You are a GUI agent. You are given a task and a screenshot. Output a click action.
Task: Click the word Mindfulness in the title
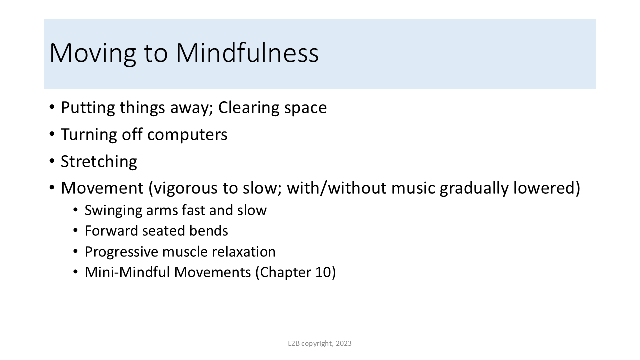[x=247, y=53]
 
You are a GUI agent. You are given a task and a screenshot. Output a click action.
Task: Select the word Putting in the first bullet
[x=88, y=108]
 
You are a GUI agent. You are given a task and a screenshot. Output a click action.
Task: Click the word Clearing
[x=249, y=108]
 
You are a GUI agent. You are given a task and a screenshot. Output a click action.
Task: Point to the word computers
[x=187, y=135]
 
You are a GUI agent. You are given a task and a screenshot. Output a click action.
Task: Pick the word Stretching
[x=99, y=162]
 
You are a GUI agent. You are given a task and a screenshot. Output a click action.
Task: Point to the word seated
[x=163, y=231]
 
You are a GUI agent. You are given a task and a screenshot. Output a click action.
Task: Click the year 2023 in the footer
[x=343, y=343]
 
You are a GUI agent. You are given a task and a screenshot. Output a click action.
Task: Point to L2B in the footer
[x=294, y=343]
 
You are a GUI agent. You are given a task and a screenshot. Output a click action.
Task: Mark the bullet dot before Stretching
[x=52, y=161]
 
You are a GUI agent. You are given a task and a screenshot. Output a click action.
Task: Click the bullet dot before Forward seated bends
[x=75, y=230]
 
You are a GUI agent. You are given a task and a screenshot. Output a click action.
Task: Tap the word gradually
[x=474, y=189]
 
